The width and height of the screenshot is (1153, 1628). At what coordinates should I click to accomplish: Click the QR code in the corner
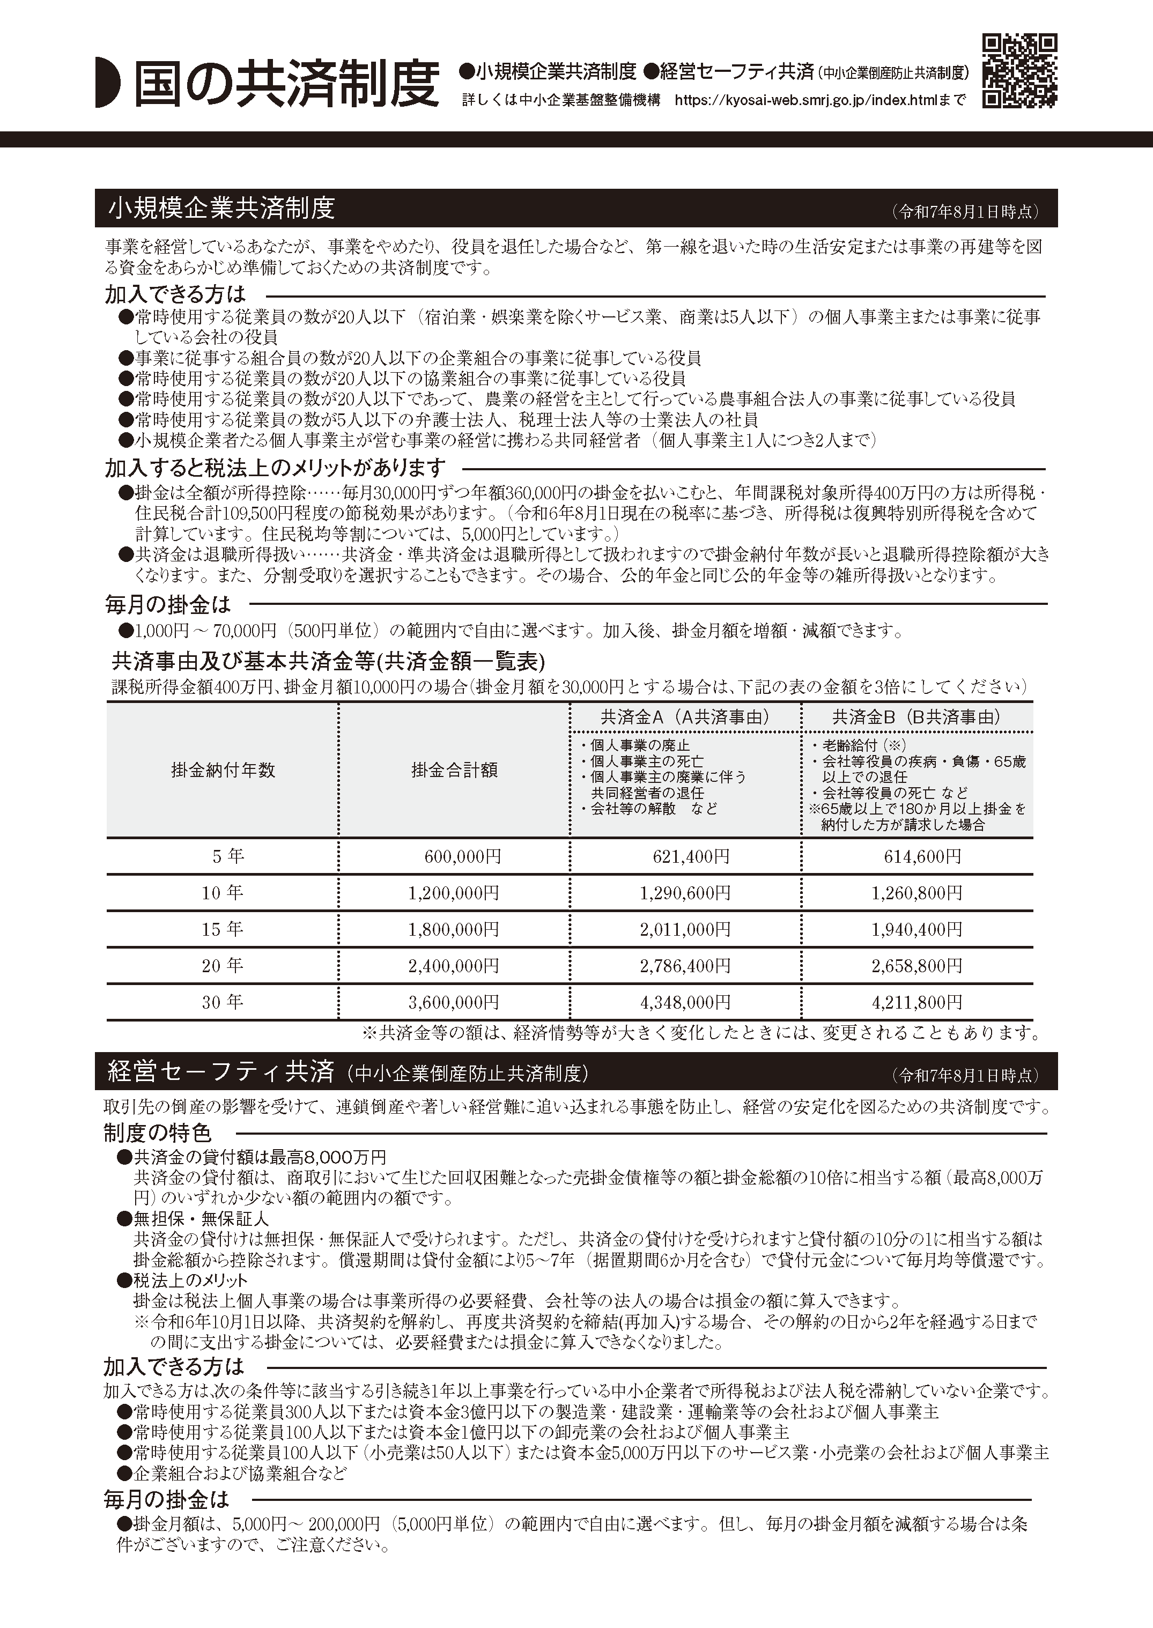coord(1019,71)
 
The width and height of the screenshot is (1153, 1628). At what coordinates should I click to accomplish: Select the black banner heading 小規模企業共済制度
coord(221,209)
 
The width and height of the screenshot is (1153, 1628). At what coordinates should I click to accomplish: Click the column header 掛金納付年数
coord(223,771)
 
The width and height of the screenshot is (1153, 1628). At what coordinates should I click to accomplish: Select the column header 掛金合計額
coord(454,771)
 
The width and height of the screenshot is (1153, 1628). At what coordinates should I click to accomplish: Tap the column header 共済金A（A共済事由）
coord(685,717)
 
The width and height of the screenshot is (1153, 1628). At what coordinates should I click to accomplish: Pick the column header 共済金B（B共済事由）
coord(917,717)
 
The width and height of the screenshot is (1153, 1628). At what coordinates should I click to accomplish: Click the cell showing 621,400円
coord(691,857)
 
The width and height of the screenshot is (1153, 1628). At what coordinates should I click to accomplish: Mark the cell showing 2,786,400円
coord(685,966)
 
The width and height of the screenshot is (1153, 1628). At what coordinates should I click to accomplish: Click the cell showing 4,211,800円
coord(917,1003)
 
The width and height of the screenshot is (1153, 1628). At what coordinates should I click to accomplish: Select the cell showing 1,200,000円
coord(454,893)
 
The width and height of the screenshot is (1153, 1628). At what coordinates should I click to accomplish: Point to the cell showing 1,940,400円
coord(917,929)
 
